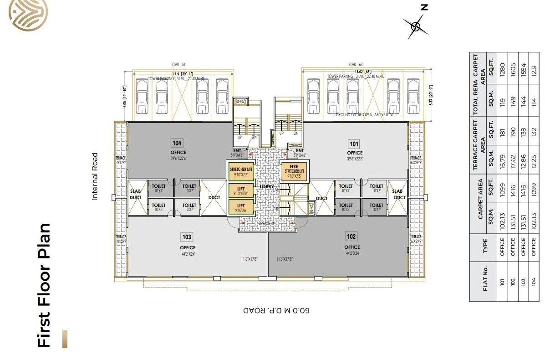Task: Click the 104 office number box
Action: pyautogui.click(x=177, y=143)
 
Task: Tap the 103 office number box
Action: pyautogui.click(x=187, y=237)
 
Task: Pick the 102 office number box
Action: pyautogui.click(x=351, y=237)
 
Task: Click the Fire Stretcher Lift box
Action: pyautogui.click(x=294, y=171)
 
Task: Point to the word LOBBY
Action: pyautogui.click(x=266, y=187)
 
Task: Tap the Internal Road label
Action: pyautogui.click(x=95, y=176)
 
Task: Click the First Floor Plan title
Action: pyautogui.click(x=44, y=285)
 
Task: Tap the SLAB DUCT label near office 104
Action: pyautogui.click(x=136, y=195)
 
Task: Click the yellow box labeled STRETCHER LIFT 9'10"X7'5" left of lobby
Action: pyautogui.click(x=241, y=171)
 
